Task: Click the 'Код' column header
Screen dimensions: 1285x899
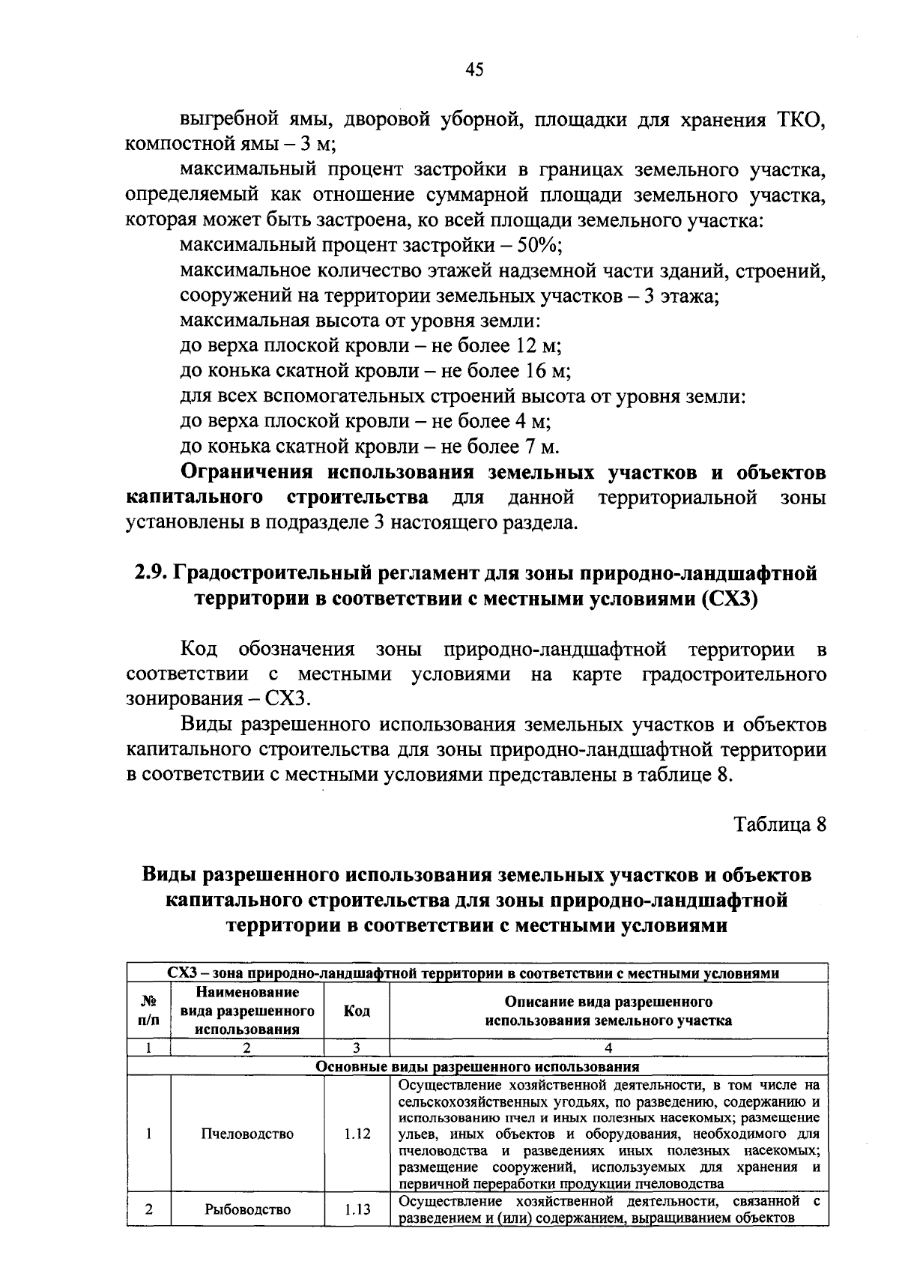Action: [357, 1011]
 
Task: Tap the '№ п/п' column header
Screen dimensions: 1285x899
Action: [149, 1011]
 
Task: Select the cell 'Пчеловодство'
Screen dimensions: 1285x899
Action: [247, 1134]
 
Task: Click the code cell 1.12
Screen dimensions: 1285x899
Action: [357, 1134]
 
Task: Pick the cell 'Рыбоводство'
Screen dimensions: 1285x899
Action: [247, 1209]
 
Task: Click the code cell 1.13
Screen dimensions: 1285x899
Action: [357, 1209]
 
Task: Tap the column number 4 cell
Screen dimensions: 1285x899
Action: [608, 1047]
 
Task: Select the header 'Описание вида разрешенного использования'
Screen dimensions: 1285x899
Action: [608, 1011]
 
